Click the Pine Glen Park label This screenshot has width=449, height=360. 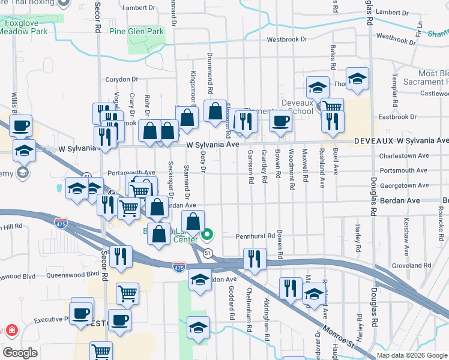point(136,31)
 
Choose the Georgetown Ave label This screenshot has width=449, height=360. point(403,186)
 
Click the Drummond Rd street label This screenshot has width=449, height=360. point(211,82)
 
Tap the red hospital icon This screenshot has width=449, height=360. point(11,331)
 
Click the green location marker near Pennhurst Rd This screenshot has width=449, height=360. point(208,234)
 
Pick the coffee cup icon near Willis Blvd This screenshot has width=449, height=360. point(20,125)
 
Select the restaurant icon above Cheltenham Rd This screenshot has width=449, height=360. point(255,259)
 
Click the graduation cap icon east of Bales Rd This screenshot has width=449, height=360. point(357,79)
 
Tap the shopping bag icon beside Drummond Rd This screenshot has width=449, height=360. point(215,111)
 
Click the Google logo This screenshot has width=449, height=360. point(20,353)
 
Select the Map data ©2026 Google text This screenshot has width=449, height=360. point(412,355)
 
